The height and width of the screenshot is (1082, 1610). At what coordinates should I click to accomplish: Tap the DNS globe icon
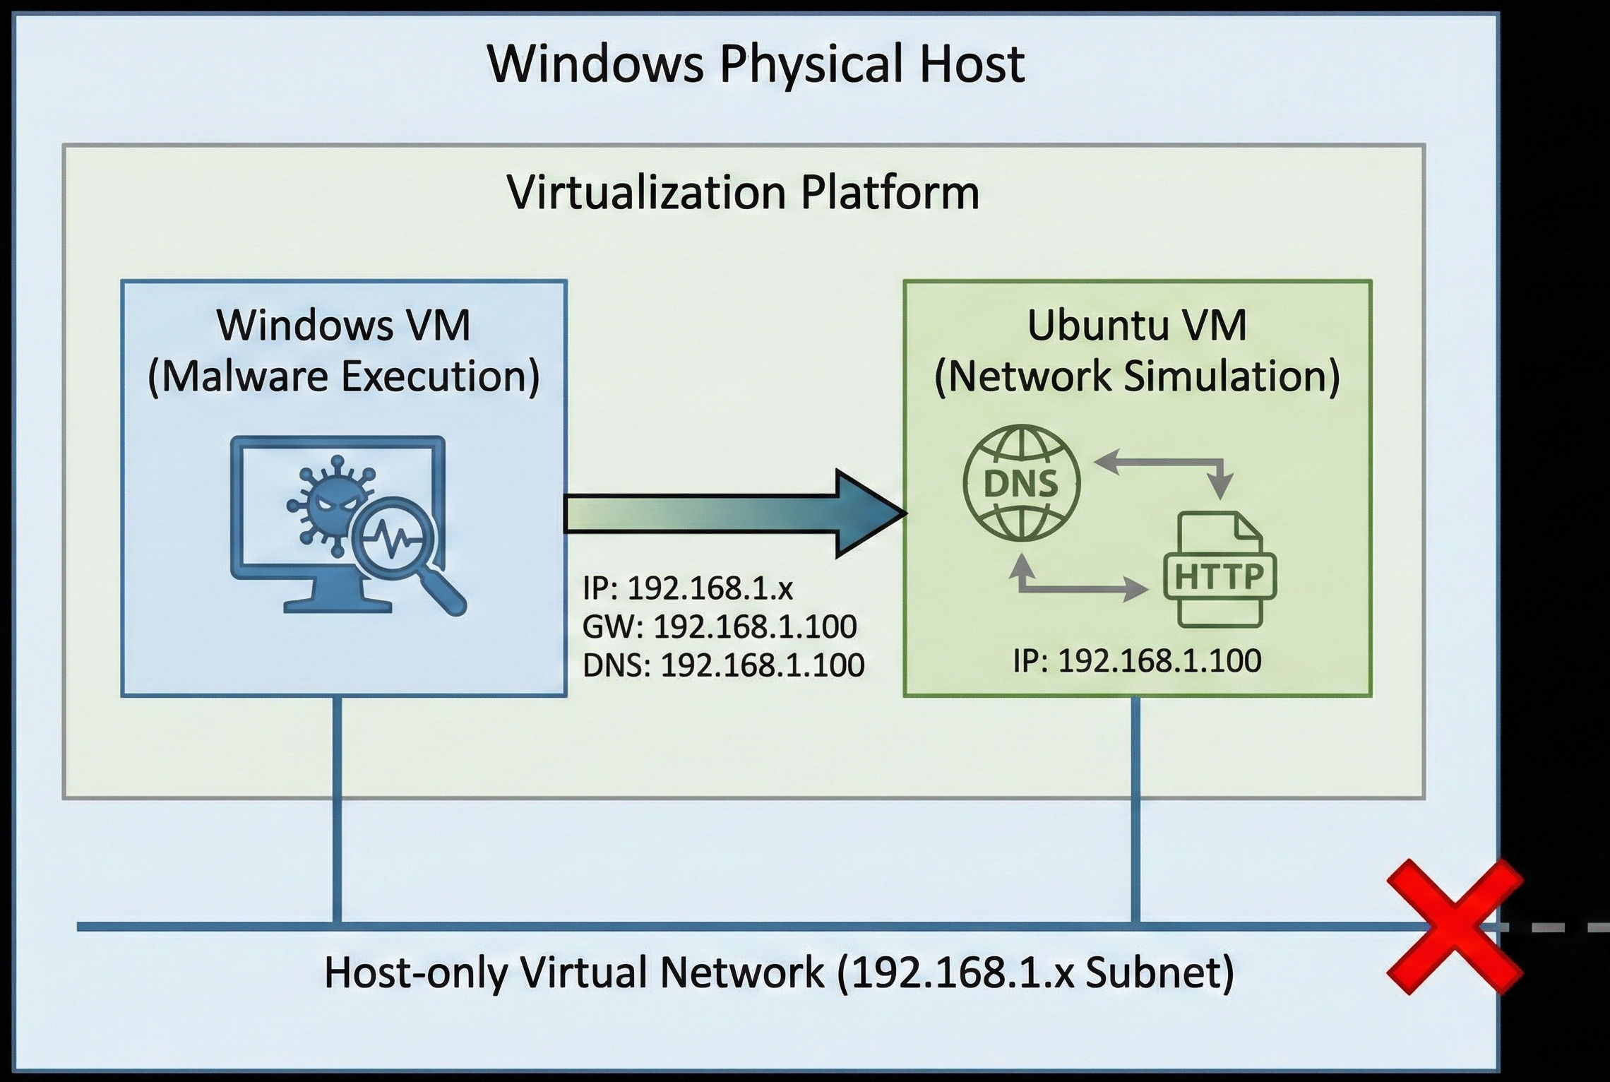(x=1021, y=484)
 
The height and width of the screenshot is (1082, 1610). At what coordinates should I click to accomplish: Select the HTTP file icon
(x=1220, y=570)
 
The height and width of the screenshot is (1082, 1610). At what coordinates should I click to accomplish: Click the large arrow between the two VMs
(x=734, y=513)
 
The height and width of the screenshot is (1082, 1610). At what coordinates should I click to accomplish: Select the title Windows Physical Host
(x=756, y=64)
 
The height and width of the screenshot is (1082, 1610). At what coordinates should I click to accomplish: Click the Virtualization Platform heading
(x=743, y=192)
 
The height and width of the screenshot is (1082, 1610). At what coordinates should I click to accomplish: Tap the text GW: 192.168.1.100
(x=720, y=626)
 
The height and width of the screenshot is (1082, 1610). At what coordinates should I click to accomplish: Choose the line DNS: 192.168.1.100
(x=723, y=665)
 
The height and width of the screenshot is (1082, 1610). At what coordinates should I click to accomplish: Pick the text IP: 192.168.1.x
(x=688, y=588)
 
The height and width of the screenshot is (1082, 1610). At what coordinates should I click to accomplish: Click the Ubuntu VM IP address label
(x=1137, y=661)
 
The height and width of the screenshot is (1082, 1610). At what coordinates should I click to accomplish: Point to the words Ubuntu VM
(x=1137, y=326)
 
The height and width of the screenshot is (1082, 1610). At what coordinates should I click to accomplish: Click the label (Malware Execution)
(x=344, y=376)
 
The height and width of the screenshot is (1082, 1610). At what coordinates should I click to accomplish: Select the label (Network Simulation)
(x=1137, y=376)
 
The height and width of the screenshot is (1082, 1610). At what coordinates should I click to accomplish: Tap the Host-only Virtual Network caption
(x=779, y=973)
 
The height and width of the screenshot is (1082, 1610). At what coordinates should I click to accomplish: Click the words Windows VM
(x=344, y=326)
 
